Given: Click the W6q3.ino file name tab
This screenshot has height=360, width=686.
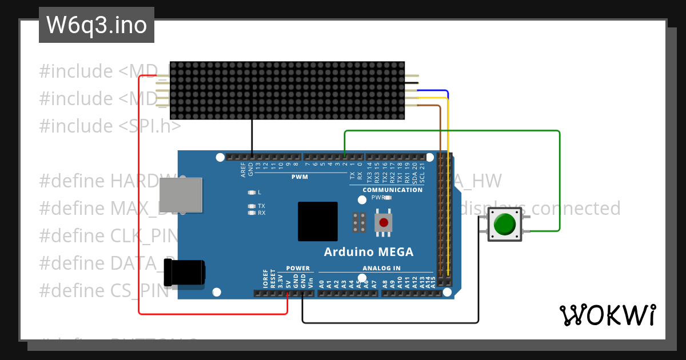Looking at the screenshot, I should (97, 25).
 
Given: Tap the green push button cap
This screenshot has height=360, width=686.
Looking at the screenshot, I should (504, 223).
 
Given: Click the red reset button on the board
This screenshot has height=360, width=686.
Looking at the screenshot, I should (384, 222).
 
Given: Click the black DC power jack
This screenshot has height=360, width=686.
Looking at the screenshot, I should (184, 273).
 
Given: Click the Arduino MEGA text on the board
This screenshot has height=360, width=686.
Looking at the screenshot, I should (368, 252).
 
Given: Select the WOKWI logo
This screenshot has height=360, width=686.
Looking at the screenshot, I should (607, 315).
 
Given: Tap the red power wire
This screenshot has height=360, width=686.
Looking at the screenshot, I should (139, 229).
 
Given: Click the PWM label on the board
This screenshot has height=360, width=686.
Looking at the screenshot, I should (299, 177).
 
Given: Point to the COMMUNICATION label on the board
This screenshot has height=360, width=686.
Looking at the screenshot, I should (392, 190).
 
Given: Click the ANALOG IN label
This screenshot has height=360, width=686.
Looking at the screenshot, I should (381, 268).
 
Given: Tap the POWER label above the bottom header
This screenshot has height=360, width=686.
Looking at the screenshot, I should (297, 268).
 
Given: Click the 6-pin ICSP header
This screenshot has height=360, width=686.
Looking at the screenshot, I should (360, 222).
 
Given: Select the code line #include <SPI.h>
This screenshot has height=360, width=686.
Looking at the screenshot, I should (110, 126).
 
